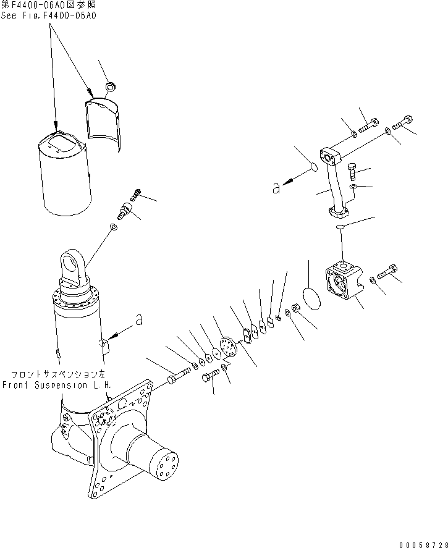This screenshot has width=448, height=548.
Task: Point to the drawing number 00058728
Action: (420, 542)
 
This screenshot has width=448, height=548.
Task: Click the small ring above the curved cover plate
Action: (111, 86)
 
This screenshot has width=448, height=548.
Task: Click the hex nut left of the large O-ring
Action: (295, 306)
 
